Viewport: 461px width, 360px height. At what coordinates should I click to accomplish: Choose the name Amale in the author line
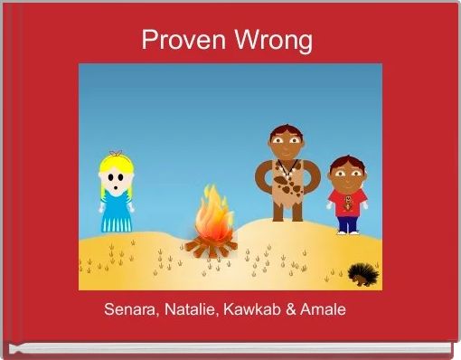click(325, 310)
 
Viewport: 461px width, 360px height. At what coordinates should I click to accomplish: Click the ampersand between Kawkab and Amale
click(293, 310)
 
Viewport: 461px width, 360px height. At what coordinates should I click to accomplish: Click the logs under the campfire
click(212, 243)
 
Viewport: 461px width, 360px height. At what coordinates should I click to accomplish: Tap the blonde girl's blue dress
click(115, 212)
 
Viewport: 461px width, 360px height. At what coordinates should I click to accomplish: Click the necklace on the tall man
click(286, 168)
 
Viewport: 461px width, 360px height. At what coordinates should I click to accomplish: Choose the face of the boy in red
click(344, 173)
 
